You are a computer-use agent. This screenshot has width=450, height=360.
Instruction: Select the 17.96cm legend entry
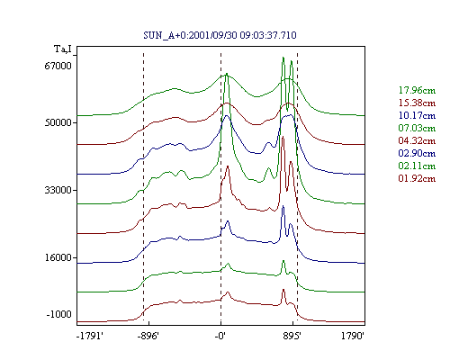(417, 90)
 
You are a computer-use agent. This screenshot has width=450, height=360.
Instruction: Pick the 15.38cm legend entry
(417, 103)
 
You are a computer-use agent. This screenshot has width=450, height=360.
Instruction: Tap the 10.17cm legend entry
(417, 115)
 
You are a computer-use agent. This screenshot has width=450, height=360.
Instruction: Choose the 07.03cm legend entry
(417, 128)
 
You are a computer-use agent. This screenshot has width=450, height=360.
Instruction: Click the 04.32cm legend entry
(417, 140)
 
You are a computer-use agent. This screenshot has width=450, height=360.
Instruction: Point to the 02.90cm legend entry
(417, 153)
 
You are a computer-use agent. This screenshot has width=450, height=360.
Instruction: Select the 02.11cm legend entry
(417, 166)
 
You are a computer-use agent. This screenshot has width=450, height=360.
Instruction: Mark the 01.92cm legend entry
(417, 178)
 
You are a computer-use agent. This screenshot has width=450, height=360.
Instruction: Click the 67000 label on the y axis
(58, 66)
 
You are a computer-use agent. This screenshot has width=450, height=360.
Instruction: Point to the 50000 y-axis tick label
(58, 122)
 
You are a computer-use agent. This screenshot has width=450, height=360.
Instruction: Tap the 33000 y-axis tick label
(58, 190)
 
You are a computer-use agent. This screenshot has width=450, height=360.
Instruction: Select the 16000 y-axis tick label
(58, 257)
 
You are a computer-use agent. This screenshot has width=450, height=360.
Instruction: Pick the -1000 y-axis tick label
(58, 314)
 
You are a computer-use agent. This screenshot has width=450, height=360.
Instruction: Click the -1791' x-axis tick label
(90, 336)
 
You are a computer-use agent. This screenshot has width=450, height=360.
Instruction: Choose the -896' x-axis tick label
(148, 336)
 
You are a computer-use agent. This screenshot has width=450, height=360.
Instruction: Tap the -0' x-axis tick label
(220, 336)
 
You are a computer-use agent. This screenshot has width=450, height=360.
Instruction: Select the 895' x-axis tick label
(292, 336)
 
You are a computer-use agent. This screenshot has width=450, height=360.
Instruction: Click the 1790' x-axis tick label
(353, 336)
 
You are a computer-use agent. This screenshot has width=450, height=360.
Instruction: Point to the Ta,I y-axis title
(63, 49)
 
